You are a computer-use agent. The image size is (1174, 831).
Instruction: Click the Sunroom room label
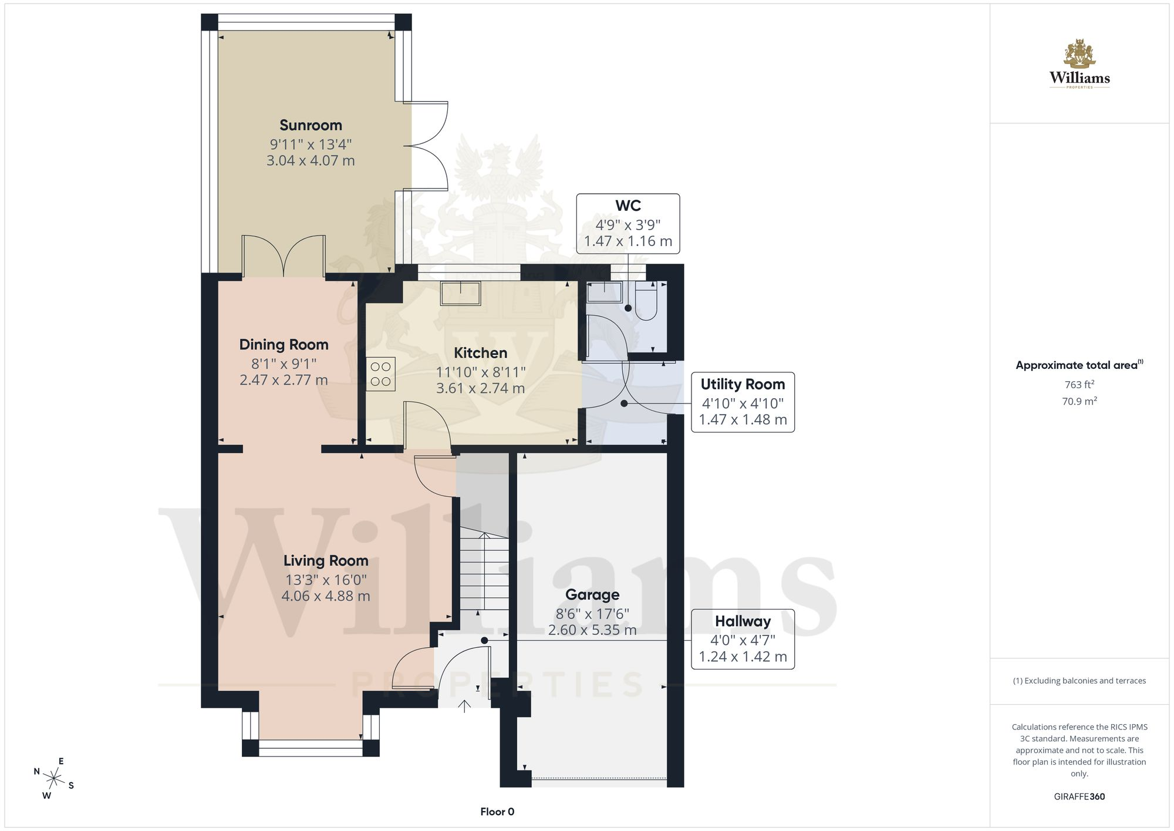coord(311,125)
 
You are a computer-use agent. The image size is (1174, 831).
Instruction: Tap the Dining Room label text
coord(284,345)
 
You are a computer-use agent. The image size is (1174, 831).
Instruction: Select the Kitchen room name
coord(480,353)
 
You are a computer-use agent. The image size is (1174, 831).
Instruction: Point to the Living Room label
coord(326,561)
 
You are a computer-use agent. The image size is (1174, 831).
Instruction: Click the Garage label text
coord(592,595)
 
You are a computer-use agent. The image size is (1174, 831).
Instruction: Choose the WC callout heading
coord(628,206)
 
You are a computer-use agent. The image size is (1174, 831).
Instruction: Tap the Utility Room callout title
coord(743,384)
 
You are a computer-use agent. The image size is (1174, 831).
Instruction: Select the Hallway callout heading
coord(743,621)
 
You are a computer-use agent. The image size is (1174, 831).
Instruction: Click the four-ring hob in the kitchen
coord(381,374)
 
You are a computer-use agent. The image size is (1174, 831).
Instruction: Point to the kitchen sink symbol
coord(461,293)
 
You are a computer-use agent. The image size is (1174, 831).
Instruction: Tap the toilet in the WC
coord(646,301)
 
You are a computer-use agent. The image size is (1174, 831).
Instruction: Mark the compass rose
coord(54,779)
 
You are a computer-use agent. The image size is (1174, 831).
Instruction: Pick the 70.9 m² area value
coord(1079,401)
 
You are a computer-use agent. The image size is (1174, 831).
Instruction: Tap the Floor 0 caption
coord(497,812)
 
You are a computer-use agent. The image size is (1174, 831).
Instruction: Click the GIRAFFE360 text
coord(1079,796)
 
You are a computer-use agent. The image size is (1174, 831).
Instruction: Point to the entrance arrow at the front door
coord(464,706)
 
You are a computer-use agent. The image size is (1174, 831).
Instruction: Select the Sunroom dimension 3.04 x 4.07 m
coord(311,160)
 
